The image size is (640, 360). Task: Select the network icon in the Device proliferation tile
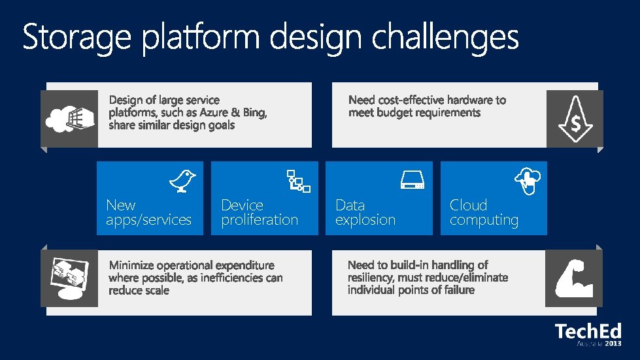coord(298,180)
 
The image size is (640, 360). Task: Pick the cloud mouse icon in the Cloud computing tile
coord(529,180)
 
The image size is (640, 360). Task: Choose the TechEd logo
coord(588,331)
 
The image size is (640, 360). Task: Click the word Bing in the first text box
coord(254,112)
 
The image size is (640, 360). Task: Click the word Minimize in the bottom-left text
coord(133,265)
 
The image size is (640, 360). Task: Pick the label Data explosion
coord(365,212)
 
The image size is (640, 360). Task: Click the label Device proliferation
coord(259,212)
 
